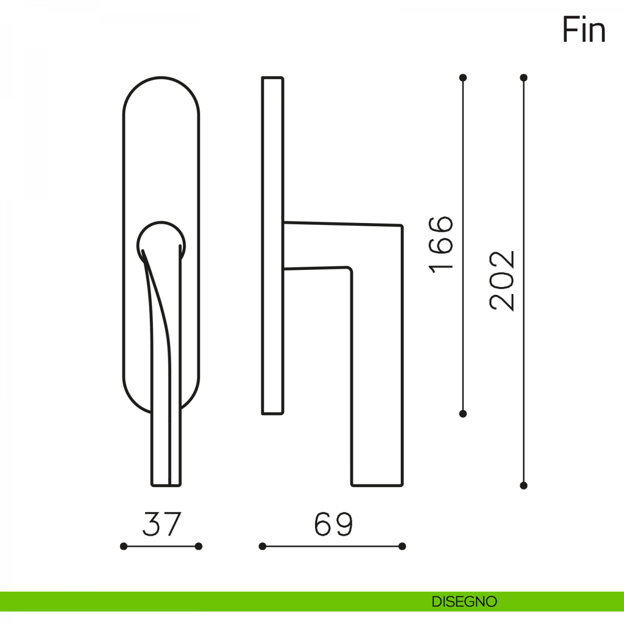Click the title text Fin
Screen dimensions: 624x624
[584, 30]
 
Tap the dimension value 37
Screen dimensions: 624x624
[162, 524]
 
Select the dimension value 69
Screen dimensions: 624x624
[333, 524]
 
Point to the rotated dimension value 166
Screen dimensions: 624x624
[440, 245]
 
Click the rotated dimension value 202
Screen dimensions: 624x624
[502, 281]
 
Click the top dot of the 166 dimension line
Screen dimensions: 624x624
[463, 77]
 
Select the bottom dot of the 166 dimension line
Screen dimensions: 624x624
[463, 413]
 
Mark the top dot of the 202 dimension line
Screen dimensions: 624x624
[524, 77]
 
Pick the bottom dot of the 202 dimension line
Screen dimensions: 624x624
[524, 495]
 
